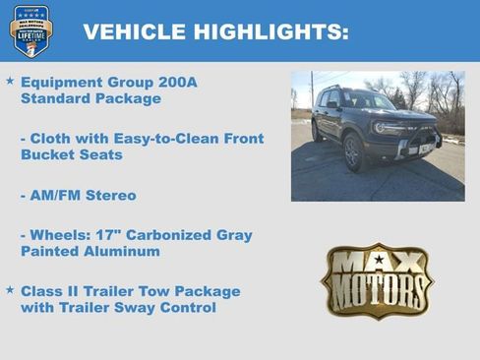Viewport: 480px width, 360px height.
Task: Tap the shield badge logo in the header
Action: pyautogui.click(x=31, y=30)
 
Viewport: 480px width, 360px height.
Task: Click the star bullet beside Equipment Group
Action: pyautogui.click(x=10, y=81)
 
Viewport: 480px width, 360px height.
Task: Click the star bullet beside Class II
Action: pyautogui.click(x=10, y=291)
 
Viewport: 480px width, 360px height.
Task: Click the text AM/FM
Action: pyautogui.click(x=59, y=195)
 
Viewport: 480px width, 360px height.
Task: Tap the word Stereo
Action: pyautogui.click(x=112, y=195)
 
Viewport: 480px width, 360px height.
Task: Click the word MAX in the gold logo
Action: pyautogui.click(x=378, y=262)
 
